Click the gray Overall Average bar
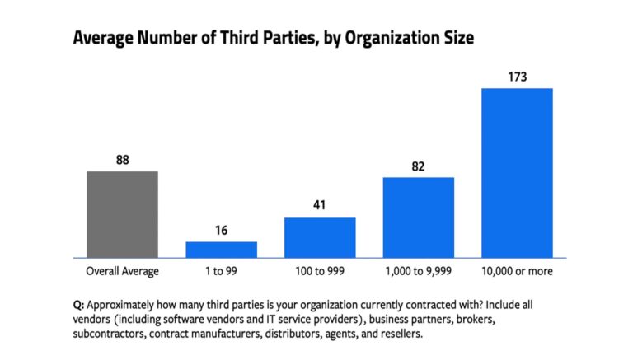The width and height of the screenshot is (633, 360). (x=122, y=214)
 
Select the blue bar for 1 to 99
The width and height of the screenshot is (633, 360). (x=221, y=250)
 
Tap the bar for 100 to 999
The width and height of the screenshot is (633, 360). (x=320, y=237)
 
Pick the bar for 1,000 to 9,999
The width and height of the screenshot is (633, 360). (x=418, y=217)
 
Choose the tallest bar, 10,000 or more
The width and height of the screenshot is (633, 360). (x=517, y=173)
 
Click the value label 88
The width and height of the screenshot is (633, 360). (x=122, y=161)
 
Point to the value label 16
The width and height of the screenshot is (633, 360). (x=221, y=231)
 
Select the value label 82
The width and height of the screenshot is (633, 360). (x=418, y=166)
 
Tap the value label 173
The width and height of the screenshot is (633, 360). (x=517, y=77)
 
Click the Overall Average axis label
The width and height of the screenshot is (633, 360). (x=122, y=270)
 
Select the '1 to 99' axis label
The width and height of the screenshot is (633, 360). (x=221, y=270)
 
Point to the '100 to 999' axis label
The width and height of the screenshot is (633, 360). (x=320, y=270)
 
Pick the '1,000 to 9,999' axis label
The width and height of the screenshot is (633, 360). (x=418, y=270)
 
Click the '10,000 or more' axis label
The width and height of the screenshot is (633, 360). (x=517, y=270)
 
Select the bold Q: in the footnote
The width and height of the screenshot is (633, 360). (x=79, y=305)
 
